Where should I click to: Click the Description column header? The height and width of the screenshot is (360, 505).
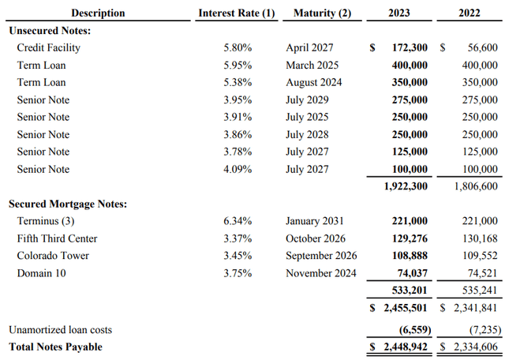(98, 13)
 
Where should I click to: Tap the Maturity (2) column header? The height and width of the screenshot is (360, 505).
(322, 13)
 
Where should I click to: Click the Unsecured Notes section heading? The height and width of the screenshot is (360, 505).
(49, 30)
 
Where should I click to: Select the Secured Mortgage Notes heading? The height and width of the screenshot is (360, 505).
(67, 204)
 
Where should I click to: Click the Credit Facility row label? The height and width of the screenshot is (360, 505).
(49, 47)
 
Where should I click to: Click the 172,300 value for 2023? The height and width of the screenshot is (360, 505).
(410, 47)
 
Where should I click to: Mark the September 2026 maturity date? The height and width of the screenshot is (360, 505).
(321, 256)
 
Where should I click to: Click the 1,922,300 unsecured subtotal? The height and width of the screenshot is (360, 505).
(406, 186)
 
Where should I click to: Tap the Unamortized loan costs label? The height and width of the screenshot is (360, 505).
(59, 329)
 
